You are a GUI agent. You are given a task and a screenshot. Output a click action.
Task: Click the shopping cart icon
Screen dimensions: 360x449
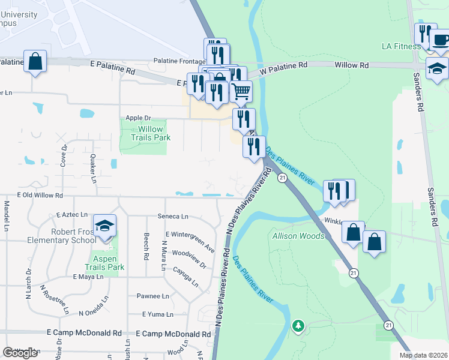pyautogui.click(x=241, y=92)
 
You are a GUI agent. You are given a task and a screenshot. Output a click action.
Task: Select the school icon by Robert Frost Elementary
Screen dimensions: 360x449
pyautogui.click(x=104, y=226)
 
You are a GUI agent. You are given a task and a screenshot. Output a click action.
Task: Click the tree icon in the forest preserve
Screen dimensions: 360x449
pyautogui.click(x=298, y=326)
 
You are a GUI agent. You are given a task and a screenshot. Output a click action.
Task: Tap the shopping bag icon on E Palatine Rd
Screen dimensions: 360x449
pyautogui.click(x=35, y=61)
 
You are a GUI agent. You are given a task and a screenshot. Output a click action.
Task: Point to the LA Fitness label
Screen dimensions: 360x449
pyautogui.click(x=401, y=46)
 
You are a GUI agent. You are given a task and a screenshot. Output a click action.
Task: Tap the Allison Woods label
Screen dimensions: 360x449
pyautogui.click(x=298, y=236)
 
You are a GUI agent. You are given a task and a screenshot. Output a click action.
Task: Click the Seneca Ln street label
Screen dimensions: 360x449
pyautogui.click(x=173, y=216)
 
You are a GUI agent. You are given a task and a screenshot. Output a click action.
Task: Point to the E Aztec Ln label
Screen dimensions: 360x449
pyautogui.click(x=71, y=214)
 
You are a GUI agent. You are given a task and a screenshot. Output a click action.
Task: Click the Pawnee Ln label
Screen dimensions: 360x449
pyautogui.click(x=153, y=296)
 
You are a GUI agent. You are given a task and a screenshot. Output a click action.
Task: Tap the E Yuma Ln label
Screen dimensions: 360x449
pyautogui.click(x=158, y=314)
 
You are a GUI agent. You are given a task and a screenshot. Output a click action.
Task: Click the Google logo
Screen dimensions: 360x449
pyautogui.click(x=20, y=353)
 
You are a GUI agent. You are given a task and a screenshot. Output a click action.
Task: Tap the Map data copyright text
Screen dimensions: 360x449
pyautogui.click(x=423, y=355)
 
